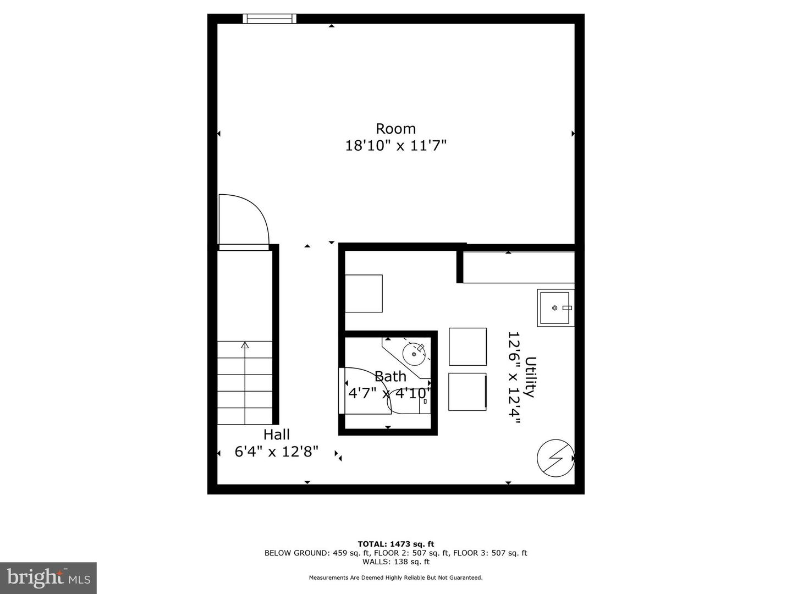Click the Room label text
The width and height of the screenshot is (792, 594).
395,129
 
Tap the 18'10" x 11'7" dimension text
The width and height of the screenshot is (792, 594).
396,146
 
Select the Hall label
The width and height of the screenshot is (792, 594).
277,435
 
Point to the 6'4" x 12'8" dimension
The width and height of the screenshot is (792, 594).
277,452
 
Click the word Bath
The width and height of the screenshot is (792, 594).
391,377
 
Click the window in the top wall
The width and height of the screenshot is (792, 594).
269,18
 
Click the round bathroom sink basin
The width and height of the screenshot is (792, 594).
414,354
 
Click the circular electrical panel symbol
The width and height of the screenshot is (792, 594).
555,458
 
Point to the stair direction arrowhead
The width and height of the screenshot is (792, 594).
245,345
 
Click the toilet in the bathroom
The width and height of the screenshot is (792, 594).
409,401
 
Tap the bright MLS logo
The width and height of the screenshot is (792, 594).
48,577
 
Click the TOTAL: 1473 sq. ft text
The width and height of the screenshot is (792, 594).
396,544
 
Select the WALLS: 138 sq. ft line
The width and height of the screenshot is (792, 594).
396,562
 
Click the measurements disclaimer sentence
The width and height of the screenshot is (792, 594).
395,577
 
